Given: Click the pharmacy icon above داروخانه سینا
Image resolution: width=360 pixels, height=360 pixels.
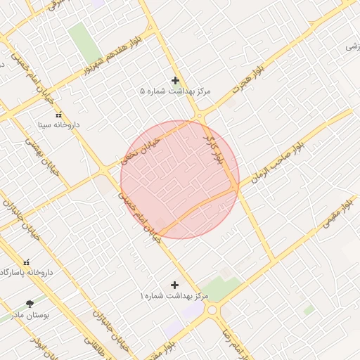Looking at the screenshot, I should tap(58, 114).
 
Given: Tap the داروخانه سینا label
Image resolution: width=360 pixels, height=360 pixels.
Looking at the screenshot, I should tap(59, 124).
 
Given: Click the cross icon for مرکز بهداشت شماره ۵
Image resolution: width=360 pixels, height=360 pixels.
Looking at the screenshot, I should tap(175, 81).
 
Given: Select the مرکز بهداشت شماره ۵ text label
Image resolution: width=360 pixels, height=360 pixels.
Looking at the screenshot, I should tap(175, 91).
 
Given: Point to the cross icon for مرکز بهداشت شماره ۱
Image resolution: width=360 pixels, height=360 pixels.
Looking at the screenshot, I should tap(174, 285).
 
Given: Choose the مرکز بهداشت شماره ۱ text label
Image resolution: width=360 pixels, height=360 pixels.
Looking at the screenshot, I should tap(174, 296).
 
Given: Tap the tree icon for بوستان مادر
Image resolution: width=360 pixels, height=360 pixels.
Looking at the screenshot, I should tap(30, 304).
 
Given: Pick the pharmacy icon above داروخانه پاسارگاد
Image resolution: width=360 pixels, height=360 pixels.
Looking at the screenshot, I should tap(27, 262).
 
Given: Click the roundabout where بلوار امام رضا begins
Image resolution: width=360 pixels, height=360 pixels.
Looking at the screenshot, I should tap(212, 309).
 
